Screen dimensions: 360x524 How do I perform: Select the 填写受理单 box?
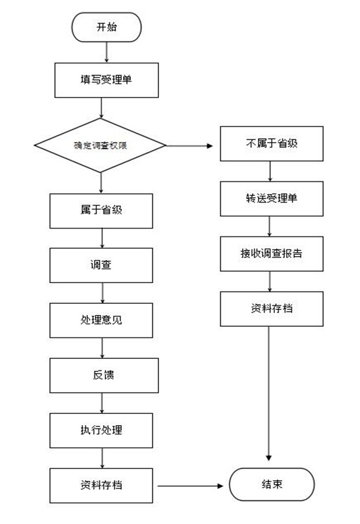coord(107,80)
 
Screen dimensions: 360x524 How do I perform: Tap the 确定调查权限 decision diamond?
coord(100,145)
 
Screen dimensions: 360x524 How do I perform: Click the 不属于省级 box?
coord(272,143)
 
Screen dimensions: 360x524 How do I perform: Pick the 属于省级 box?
coord(101,211)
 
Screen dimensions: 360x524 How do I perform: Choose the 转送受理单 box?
coord(272,199)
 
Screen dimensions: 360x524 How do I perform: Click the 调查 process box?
coord(101,265)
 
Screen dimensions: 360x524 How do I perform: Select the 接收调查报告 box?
coord(272,253)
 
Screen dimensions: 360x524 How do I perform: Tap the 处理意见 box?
coord(101,320)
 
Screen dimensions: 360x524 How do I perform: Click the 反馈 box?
coord(104,375)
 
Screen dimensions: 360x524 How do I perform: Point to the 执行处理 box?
coord(101,430)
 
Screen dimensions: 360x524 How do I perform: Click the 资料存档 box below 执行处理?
coord(101,485)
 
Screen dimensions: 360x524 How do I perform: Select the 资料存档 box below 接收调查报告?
coord(272,309)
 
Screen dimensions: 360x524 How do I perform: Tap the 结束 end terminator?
coord(272,484)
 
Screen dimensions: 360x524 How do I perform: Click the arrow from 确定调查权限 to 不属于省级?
coord(189,145)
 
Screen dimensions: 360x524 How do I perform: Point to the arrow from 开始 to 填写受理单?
coord(107,52)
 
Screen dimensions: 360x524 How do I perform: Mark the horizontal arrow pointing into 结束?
coord(190,486)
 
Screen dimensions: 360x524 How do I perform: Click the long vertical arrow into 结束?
coord(269,394)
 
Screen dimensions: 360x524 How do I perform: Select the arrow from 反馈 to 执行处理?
coord(102,403)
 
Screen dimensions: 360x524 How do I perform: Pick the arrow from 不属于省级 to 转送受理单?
coord(270,171)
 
